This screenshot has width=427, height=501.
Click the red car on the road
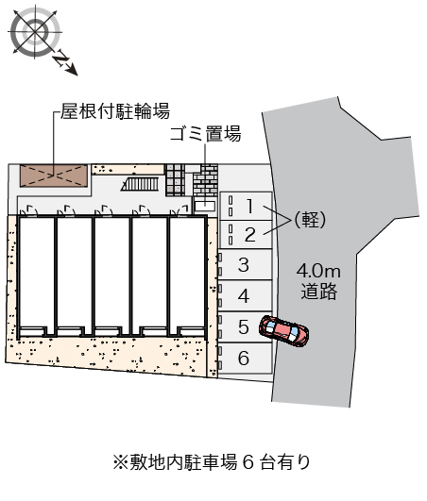click(x=283, y=331)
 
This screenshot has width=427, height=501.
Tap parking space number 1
click(x=246, y=206)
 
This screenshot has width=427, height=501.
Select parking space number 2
click(x=246, y=235)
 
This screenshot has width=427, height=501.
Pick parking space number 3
click(x=245, y=265)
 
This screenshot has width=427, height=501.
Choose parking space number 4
click(x=245, y=296)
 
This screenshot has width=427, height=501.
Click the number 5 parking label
click(x=244, y=326)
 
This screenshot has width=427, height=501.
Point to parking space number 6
click(x=245, y=358)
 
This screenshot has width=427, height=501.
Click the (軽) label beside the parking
click(x=310, y=220)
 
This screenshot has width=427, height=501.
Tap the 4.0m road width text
click(x=318, y=272)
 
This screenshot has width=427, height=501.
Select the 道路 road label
click(x=319, y=292)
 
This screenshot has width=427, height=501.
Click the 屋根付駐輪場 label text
click(x=115, y=111)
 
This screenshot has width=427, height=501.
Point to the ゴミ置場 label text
click(x=205, y=134)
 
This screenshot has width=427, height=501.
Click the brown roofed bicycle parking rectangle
click(x=54, y=175)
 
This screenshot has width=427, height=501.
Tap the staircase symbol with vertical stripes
click(x=140, y=184)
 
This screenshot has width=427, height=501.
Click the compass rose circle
click(x=35, y=32)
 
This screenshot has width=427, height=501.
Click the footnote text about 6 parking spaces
click(x=212, y=462)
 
